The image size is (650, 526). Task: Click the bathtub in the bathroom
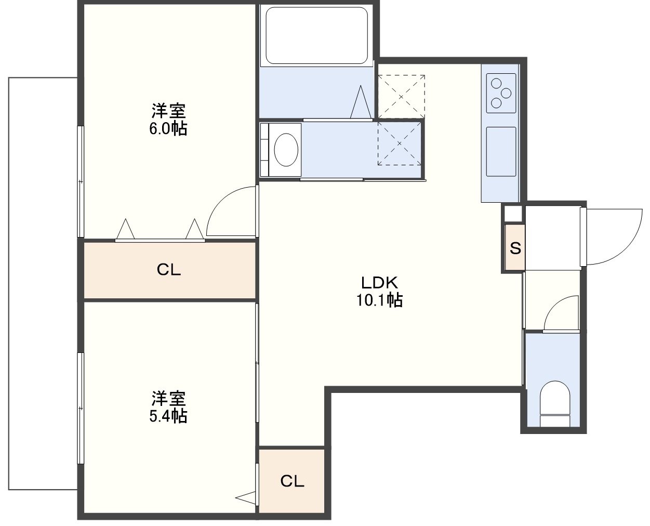click(x=316, y=35)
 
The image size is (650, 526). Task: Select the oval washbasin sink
click(x=286, y=150)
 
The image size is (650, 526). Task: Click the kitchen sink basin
click(x=501, y=152)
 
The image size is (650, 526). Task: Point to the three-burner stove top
click(x=501, y=93)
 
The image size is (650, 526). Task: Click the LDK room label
click(x=380, y=283)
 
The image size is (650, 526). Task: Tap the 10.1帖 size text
click(x=380, y=300)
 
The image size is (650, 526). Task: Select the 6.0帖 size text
click(x=168, y=128)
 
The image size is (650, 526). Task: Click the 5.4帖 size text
click(x=168, y=415)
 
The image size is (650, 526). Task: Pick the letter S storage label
click(x=515, y=248)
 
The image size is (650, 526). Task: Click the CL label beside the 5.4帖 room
click(x=292, y=481)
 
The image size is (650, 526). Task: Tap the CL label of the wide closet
click(x=169, y=270)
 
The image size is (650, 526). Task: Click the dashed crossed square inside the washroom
click(x=399, y=143)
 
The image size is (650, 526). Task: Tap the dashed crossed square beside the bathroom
click(x=401, y=97)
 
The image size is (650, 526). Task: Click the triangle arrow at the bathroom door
click(x=361, y=102)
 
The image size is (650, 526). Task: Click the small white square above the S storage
click(x=513, y=214)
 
